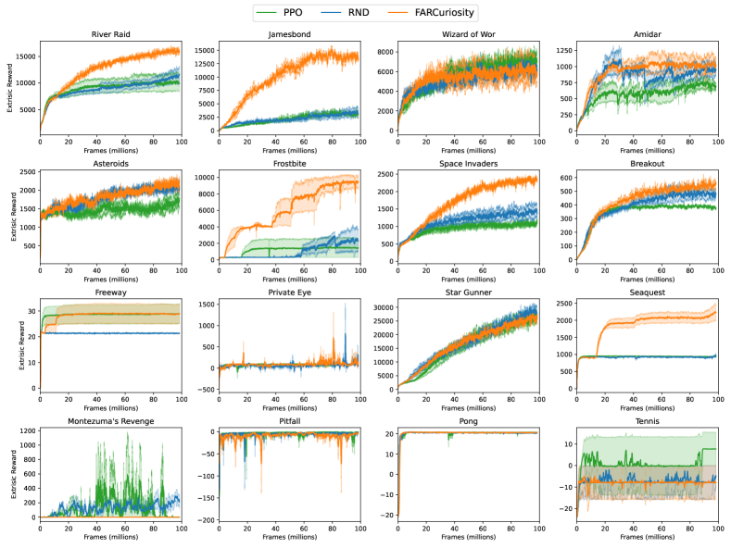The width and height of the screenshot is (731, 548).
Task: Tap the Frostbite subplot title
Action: click(288, 164)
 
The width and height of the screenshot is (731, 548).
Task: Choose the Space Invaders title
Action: click(466, 164)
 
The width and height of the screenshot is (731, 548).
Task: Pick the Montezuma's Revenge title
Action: click(110, 421)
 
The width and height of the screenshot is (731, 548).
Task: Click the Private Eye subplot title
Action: click(288, 293)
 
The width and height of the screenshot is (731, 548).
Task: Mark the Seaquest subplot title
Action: click(645, 293)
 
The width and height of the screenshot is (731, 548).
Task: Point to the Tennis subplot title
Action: click(645, 421)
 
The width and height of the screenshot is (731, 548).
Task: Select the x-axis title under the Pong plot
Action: click(466, 536)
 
